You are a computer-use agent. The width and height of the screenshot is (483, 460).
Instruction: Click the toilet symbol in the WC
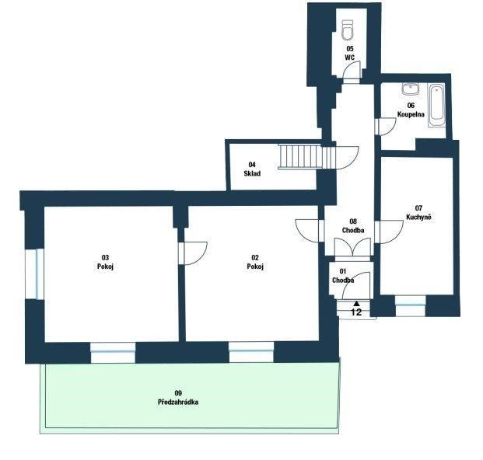tap(348, 30)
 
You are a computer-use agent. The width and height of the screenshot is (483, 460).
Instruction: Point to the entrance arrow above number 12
tap(357, 303)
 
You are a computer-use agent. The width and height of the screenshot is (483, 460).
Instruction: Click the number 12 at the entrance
tap(357, 312)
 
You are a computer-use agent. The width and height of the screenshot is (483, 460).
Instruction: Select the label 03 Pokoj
tap(105, 261)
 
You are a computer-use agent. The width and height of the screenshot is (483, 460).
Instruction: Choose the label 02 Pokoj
tap(254, 262)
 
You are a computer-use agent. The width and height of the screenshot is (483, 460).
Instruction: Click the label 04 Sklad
tap(251, 169)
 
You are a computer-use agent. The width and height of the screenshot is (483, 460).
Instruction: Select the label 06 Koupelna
tap(410, 110)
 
